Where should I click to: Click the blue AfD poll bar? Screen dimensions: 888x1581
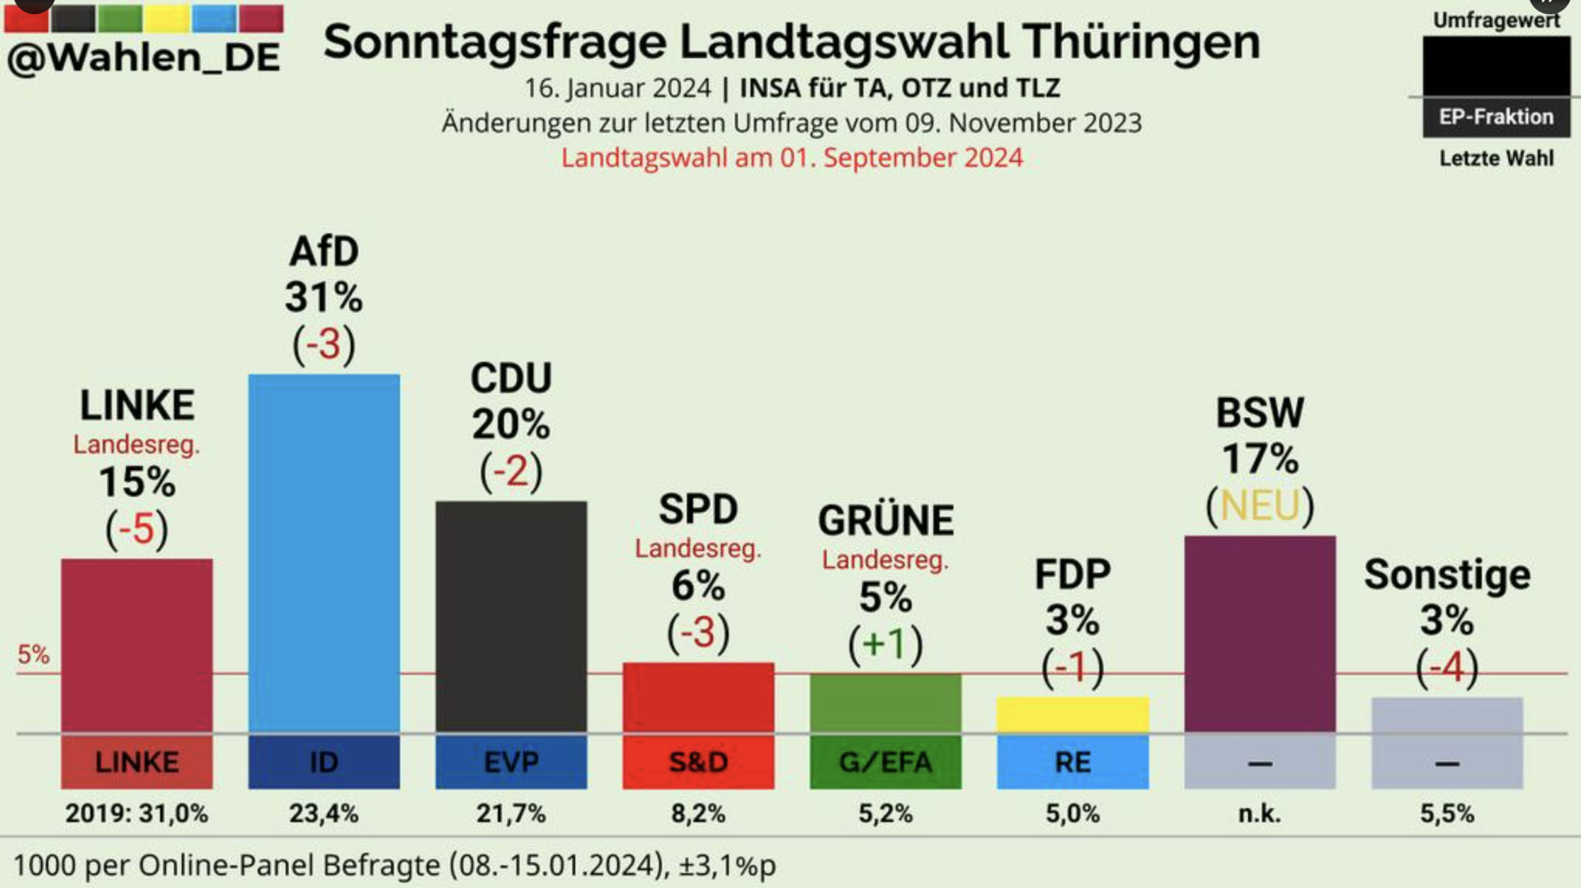[x=324, y=553]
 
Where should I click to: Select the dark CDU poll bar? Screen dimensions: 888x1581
[x=511, y=616]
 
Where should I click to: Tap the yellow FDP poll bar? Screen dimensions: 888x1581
[x=1073, y=714]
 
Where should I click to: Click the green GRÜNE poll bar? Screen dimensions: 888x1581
[x=885, y=703]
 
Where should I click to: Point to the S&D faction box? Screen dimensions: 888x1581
[x=698, y=762]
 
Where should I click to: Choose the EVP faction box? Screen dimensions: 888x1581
[x=511, y=762]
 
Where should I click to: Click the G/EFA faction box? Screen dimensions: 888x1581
[x=885, y=762]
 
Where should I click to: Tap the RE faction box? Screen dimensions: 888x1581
[x=1073, y=762]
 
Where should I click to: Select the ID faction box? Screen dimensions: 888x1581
[x=324, y=762]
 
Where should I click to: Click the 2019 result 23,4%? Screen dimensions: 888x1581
[x=324, y=813]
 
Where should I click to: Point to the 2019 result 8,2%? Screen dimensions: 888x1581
[x=698, y=813]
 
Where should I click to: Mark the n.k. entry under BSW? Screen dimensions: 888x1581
[x=1259, y=813]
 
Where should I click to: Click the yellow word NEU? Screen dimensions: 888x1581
[x=1260, y=506]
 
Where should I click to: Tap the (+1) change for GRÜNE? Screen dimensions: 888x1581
[x=885, y=643]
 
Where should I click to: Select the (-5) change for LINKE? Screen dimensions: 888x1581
[x=137, y=528]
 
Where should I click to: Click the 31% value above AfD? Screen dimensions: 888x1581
[x=324, y=298]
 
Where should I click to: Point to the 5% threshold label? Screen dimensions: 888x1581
[x=33, y=654]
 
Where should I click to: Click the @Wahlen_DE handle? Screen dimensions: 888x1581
[x=144, y=57]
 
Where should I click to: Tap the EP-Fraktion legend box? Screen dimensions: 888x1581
[x=1496, y=117]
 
